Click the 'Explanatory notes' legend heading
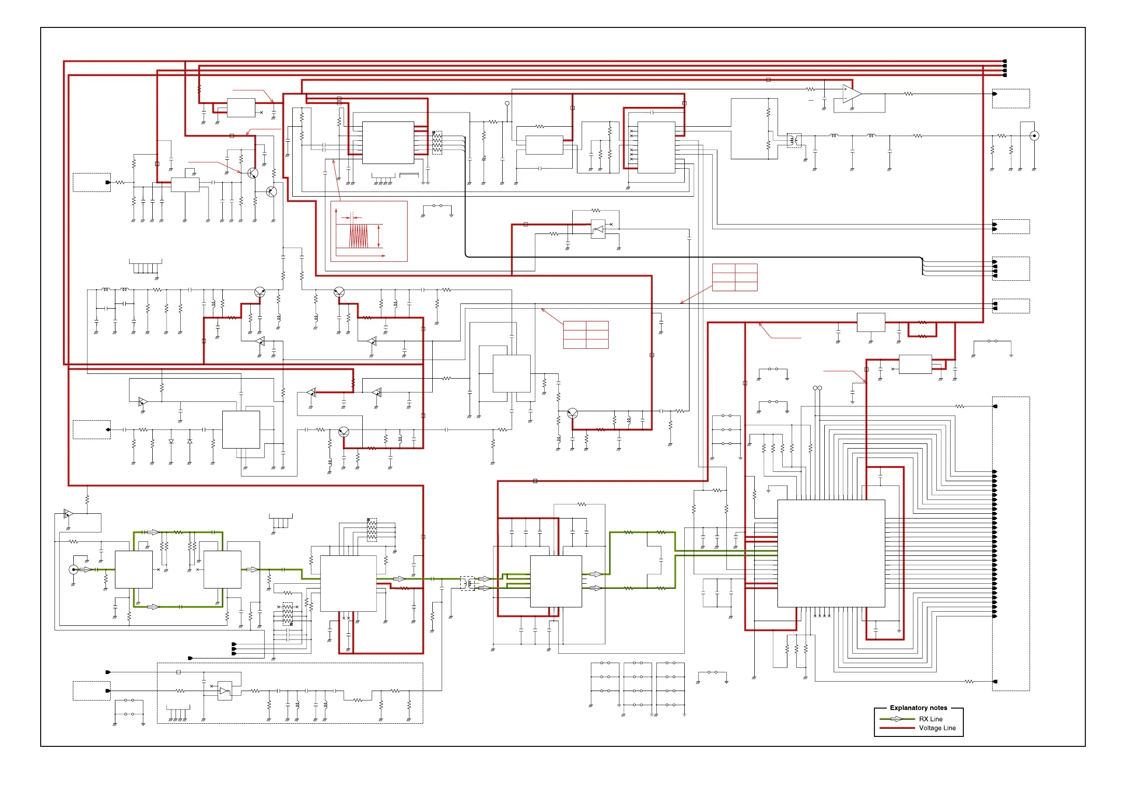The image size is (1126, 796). point(918,707)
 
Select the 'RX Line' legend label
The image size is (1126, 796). point(930,718)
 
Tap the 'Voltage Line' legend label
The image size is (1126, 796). point(937,728)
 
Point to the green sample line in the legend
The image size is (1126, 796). point(897,718)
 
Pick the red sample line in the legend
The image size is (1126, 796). point(897,728)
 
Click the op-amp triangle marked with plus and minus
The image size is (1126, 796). point(851,94)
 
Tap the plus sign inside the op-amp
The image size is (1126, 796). point(846,90)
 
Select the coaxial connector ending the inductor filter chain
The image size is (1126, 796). point(1034,136)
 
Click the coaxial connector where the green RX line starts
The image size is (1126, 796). point(73,569)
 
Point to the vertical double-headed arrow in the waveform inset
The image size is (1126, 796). point(379,236)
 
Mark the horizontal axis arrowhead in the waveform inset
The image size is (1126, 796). point(384,255)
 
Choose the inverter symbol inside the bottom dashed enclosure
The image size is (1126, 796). point(224,691)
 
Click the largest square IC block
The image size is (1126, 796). point(831,553)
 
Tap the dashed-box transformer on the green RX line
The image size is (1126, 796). point(467,583)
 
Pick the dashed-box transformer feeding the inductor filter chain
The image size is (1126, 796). point(794,141)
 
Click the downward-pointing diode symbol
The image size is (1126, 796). point(171,441)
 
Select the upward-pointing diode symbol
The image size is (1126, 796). point(190,441)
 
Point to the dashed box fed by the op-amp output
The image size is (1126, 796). point(1011,98)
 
